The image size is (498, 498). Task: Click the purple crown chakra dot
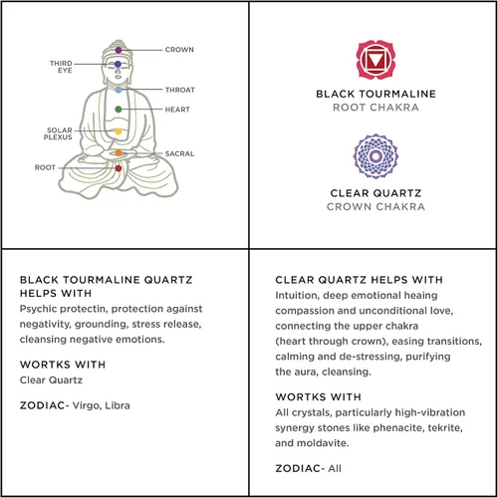[119, 50]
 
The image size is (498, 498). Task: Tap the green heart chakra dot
[119, 110]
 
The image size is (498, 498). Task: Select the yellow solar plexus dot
[119, 131]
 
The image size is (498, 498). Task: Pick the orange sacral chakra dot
[119, 152]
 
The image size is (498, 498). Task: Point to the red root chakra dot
[119, 168]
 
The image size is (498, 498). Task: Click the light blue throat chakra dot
[119, 90]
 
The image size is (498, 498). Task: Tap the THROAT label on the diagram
[180, 90]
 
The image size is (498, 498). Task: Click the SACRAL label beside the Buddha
[179, 153]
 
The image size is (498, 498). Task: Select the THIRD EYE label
[61, 67]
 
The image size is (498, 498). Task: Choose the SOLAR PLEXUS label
[58, 133]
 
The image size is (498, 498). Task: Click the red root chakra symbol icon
[375, 60]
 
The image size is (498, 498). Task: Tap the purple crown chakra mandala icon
[375, 156]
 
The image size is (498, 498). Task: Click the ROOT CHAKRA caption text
[375, 108]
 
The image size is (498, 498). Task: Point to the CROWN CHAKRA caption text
[375, 207]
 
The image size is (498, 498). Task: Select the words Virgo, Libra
[102, 405]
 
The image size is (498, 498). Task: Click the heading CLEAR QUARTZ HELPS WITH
[359, 280]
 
